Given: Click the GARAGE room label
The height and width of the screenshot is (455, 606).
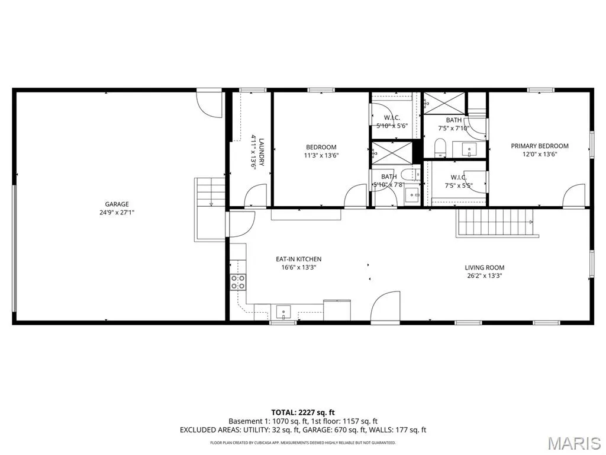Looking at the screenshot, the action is [x=117, y=204].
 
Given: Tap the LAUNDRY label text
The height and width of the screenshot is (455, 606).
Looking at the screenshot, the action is [x=262, y=152].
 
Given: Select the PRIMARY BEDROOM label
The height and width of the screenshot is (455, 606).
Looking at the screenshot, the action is [x=540, y=146].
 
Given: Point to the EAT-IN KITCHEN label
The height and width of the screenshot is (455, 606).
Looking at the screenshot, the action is [x=298, y=259].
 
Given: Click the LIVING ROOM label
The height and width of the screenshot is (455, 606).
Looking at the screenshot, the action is [x=484, y=267].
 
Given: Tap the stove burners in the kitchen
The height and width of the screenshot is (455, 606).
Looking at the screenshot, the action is [x=238, y=282].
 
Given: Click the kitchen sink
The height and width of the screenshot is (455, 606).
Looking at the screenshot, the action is [x=283, y=312].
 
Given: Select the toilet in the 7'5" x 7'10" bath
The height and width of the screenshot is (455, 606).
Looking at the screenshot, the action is [x=440, y=148].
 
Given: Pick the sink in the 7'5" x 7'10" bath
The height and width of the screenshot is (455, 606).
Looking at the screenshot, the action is [x=470, y=150].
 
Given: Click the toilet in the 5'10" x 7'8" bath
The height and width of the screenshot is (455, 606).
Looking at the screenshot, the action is [x=410, y=175].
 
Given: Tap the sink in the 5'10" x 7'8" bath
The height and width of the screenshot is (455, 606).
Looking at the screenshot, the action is [x=412, y=194].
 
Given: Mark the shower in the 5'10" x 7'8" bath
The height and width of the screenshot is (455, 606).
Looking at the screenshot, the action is [x=392, y=153].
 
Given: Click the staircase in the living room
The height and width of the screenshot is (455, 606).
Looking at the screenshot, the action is [x=497, y=223].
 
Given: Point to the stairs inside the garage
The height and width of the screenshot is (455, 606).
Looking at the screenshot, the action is [x=210, y=193].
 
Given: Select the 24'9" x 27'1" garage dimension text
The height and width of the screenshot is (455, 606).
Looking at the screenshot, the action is [x=117, y=213].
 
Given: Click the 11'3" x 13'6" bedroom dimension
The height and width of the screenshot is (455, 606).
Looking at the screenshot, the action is [x=321, y=156].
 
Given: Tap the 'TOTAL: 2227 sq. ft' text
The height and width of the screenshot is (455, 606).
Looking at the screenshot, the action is [x=302, y=412].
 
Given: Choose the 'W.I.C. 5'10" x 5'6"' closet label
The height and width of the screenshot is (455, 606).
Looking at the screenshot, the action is [x=392, y=121].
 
